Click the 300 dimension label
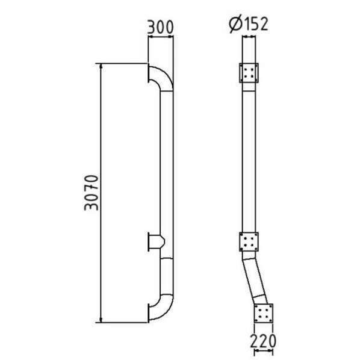point(160,27)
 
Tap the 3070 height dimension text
point(92,193)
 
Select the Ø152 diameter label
point(249,24)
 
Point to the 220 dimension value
point(263,341)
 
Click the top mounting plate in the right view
point(249,73)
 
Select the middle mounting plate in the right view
point(249,242)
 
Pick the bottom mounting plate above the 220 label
point(264,313)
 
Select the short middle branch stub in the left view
point(157,242)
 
